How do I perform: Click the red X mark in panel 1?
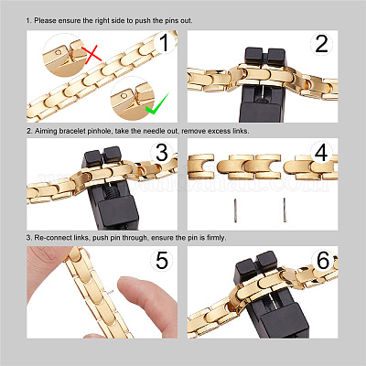[x=91, y=54]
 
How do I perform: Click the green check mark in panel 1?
[x=156, y=104]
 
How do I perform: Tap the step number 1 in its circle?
[x=165, y=43]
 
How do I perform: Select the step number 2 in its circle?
[x=321, y=44]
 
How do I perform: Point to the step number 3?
[x=162, y=153]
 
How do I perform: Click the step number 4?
[x=321, y=152]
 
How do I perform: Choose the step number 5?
[x=162, y=260]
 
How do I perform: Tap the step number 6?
[x=323, y=260]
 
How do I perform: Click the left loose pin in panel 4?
[x=235, y=210]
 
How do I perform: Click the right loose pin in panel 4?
[x=285, y=210]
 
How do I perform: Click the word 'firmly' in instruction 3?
[x=217, y=238]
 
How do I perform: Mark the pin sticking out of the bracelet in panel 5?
[x=110, y=292]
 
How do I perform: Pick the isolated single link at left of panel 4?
[x=201, y=167]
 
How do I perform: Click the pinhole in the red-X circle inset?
[x=58, y=52]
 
